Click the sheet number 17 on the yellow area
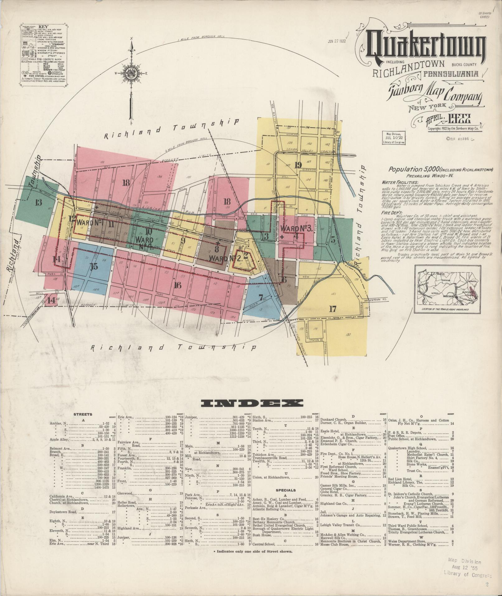pos(333,309)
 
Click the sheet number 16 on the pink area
pos(178,285)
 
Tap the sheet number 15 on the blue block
pos(94,266)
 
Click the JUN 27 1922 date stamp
pos(337,41)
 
